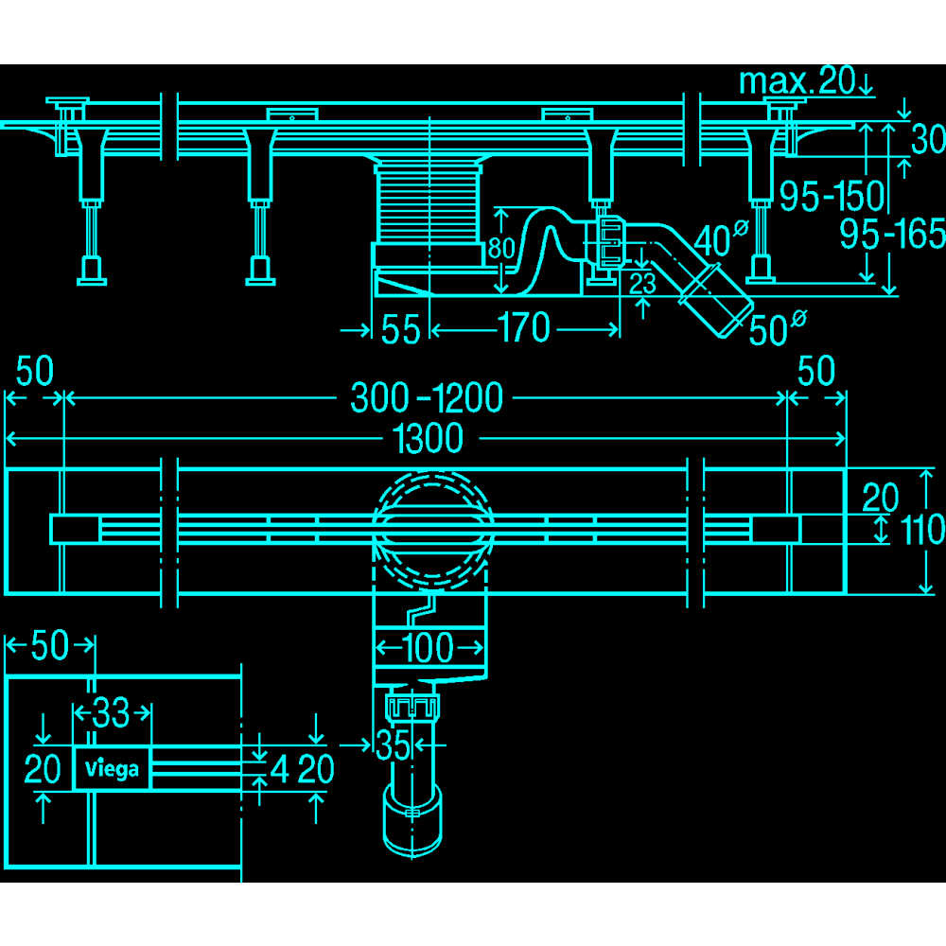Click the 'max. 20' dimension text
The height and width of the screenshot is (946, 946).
tap(797, 80)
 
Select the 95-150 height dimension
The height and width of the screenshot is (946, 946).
tap(832, 196)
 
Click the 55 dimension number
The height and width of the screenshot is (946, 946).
tap(400, 329)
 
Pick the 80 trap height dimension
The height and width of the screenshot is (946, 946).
tap(500, 248)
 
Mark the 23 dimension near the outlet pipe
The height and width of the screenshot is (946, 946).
tap(642, 284)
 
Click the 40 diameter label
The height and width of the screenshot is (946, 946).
tap(721, 238)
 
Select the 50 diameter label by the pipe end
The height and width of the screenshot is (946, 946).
tap(777, 328)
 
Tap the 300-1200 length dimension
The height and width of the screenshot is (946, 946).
tap(427, 397)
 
